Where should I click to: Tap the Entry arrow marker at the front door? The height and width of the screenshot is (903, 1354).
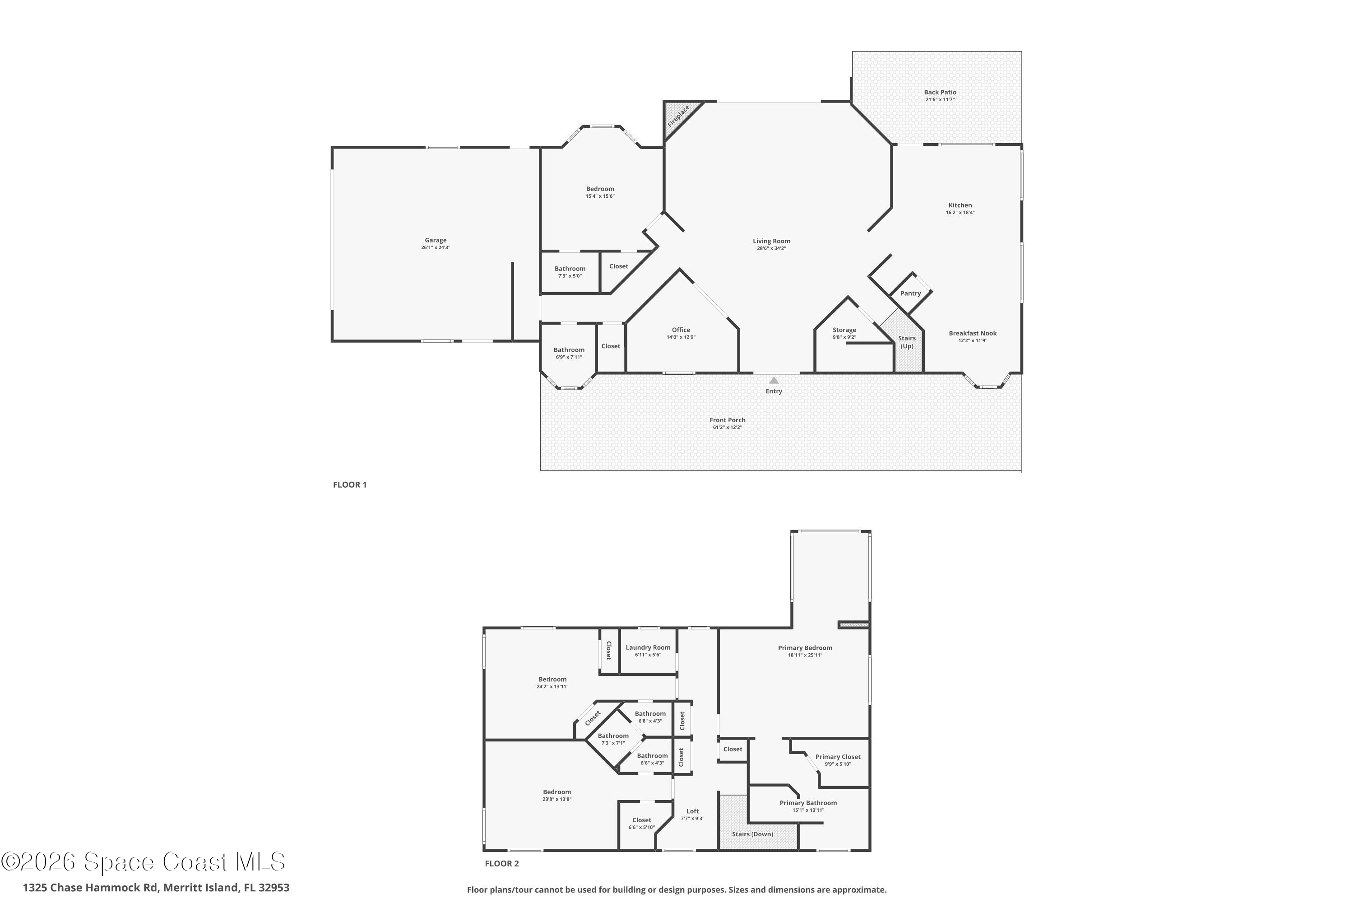point(774,381)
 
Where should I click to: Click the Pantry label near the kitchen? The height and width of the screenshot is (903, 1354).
point(910,293)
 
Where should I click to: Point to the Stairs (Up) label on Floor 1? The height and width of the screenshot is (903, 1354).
point(907,342)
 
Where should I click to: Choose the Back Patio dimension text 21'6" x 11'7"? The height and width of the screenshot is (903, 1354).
point(940,100)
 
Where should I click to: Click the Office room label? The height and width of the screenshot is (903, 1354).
point(681,330)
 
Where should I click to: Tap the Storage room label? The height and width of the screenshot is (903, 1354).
point(844,330)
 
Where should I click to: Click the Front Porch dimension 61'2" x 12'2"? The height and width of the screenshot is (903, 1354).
point(727,427)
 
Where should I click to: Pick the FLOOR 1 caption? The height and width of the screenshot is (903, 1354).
point(349,484)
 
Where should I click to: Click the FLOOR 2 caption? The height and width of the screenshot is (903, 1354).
point(501,863)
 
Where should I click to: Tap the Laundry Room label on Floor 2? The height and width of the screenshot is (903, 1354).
point(648,647)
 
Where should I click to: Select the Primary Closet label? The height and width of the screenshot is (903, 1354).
point(838,757)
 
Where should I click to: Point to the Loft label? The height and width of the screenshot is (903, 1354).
point(692,811)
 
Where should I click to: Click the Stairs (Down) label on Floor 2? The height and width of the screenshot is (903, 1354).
point(752,834)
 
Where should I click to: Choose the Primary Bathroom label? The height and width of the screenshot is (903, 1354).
point(808,803)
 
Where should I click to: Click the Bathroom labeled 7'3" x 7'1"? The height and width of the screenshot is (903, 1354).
point(612,736)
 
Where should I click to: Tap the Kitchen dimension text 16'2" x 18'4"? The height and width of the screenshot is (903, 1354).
point(960,213)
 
